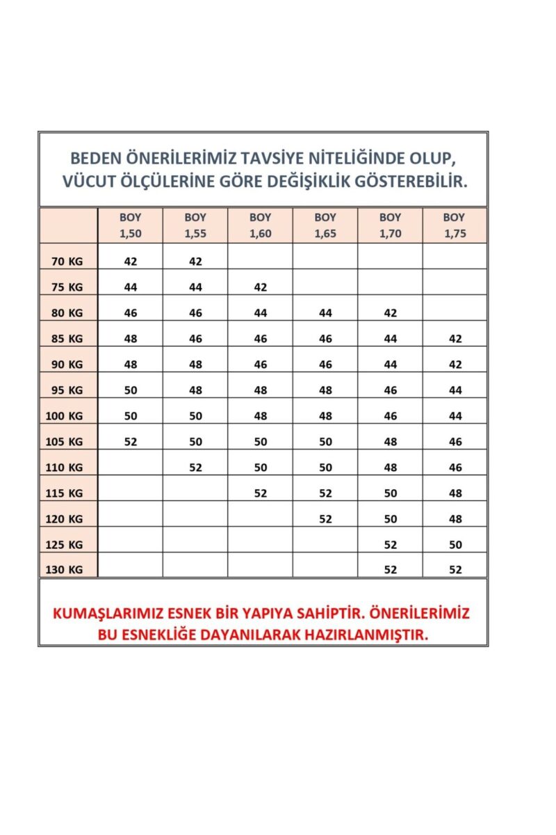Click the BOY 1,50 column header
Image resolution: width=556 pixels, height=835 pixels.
[x=130, y=225]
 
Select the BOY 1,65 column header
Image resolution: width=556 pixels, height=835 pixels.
[x=325, y=225]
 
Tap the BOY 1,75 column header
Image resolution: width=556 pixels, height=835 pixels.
[x=455, y=225]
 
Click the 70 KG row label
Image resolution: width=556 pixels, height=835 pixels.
[x=67, y=262]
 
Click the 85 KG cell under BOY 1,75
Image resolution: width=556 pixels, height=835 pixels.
[x=455, y=339]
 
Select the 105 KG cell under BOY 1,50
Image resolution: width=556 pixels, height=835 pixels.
[x=131, y=441]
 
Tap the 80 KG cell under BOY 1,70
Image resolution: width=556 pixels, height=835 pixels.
[x=391, y=313]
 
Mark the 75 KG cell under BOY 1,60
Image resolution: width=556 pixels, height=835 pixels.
[x=261, y=287]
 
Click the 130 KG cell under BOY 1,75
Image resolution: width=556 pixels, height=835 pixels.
[x=455, y=569]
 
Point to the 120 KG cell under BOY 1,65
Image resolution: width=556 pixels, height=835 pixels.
[x=325, y=518]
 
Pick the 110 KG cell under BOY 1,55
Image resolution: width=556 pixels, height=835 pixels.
[x=195, y=468]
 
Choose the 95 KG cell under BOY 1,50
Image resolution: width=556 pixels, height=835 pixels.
[x=131, y=390]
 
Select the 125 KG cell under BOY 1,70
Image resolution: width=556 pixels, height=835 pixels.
[x=391, y=544]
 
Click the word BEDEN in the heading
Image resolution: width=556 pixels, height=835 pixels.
[x=99, y=157]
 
